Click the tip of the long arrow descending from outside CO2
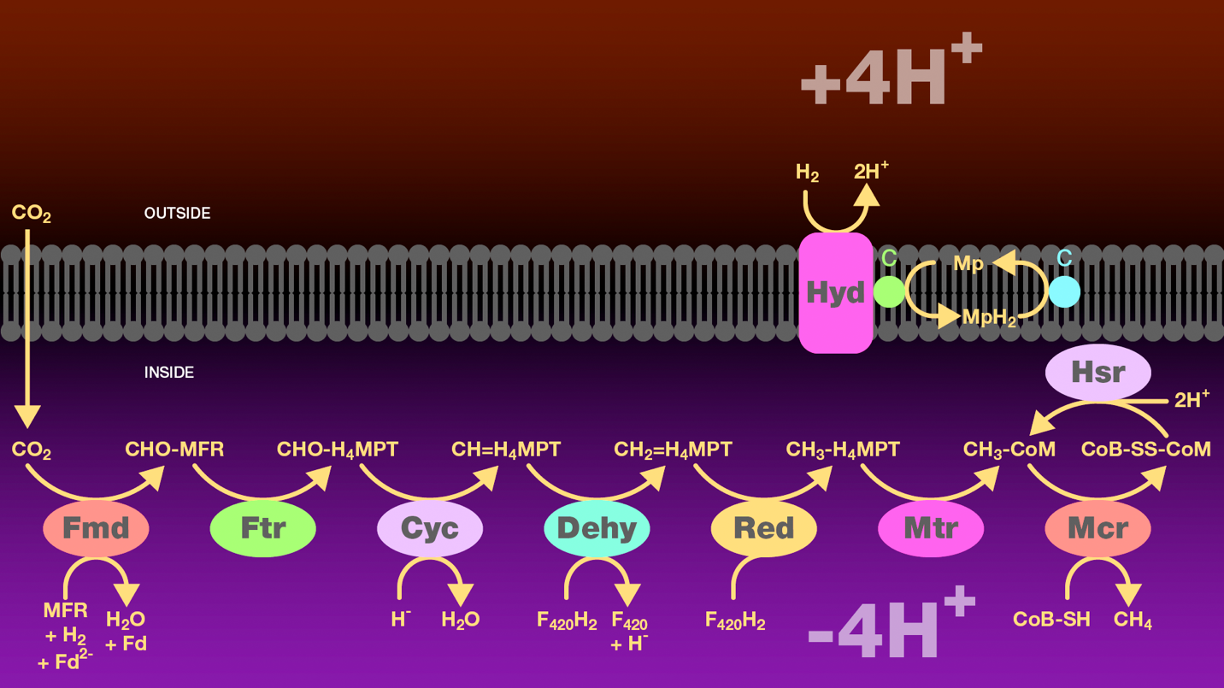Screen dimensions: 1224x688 pos(27,429)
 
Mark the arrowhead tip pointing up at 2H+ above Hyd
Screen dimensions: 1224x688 pos(868,184)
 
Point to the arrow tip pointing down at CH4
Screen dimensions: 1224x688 pos(1128,607)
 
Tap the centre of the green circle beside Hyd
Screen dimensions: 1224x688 pos(889,291)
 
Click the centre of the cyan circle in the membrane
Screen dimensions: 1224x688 pos(1064,291)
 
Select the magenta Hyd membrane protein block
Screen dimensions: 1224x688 pos(835,293)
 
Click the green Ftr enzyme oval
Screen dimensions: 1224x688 pos(262,528)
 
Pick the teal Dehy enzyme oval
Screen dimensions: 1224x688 pos(597,528)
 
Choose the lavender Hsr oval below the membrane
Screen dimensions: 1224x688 pos(1098,372)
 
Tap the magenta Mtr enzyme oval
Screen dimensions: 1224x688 pos(931,528)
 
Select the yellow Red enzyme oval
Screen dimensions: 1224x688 pos(764,528)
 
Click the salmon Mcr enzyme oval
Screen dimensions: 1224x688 pos(1098,528)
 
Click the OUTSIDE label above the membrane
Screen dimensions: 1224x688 pos(177,213)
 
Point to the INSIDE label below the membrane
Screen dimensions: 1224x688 pos(169,372)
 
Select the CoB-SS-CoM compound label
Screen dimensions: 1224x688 pos(1146,450)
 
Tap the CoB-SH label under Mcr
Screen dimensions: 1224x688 pos(1051,619)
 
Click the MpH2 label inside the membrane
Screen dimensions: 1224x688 pos(989,317)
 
